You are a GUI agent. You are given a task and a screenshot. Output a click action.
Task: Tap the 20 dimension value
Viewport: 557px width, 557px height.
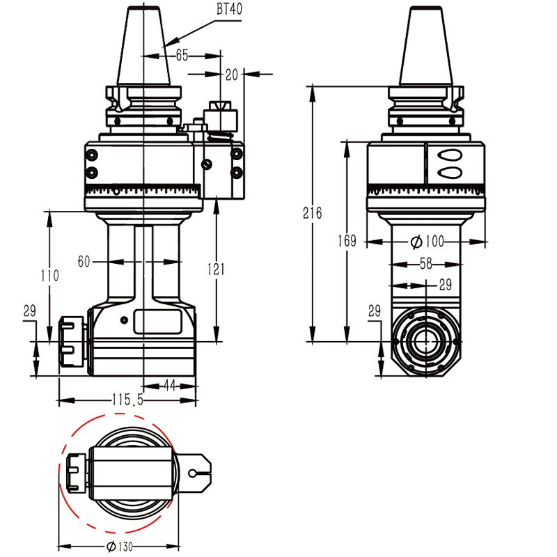[232, 73]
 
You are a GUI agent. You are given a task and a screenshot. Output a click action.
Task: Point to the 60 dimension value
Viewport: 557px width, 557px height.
[84, 261]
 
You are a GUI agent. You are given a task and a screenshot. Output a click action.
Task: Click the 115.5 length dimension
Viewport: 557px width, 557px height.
[127, 400]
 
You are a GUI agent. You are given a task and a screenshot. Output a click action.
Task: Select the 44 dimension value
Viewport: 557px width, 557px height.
[169, 384]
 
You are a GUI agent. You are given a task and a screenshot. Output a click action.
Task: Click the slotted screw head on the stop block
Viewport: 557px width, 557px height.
[206, 164]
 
